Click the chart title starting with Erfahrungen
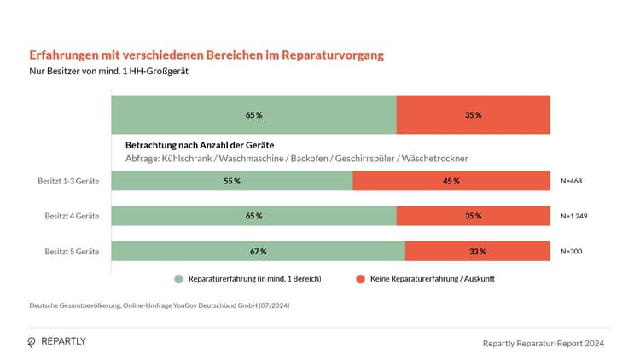(207, 55)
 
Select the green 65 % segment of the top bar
(253, 114)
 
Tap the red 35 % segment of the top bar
(473, 114)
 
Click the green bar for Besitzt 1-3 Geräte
(231, 181)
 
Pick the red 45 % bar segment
(451, 181)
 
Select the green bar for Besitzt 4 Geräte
(253, 216)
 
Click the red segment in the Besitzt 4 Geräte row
(473, 216)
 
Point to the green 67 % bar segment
(258, 252)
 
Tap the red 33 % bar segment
(477, 252)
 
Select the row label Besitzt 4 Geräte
(72, 216)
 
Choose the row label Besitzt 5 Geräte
(72, 252)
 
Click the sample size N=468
(571, 181)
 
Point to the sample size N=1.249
(574, 216)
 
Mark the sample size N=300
(571, 252)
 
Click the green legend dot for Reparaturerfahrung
(178, 279)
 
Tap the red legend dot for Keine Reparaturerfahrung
(360, 279)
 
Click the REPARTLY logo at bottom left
(57, 341)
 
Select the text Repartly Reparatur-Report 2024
(544, 342)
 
